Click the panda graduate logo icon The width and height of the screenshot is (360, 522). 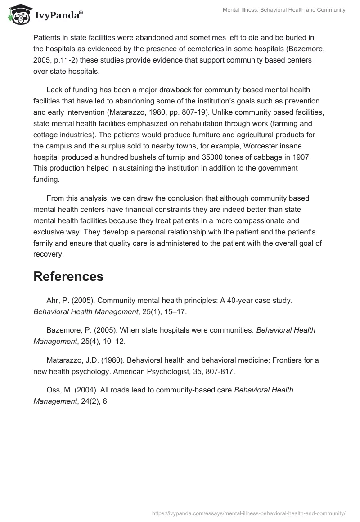coord(18,15)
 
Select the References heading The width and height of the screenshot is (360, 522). coord(68,276)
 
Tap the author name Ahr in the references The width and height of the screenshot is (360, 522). coord(53,300)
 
